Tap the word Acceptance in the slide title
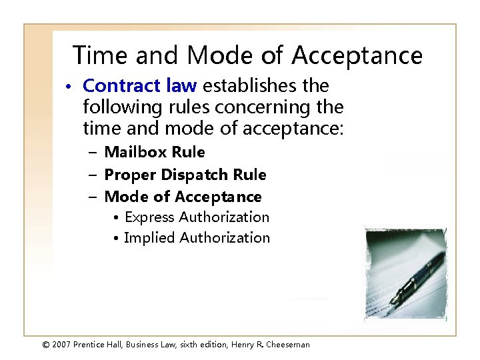coord(357,55)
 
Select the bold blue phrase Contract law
coord(140,86)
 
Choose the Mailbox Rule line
coord(155,153)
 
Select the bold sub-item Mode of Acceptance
coord(183,197)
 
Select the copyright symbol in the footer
coord(46,344)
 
